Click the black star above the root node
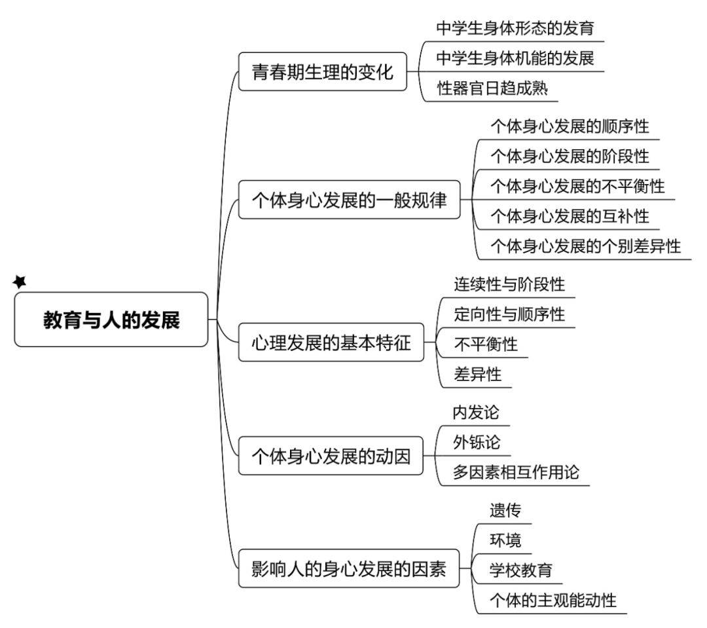(x=20, y=282)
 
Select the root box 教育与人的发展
(x=111, y=320)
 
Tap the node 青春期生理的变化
(x=322, y=71)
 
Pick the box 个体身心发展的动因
(x=331, y=456)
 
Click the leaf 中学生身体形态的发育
(x=515, y=28)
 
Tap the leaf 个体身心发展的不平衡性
(x=577, y=186)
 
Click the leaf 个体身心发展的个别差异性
(x=585, y=246)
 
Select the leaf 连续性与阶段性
(x=509, y=284)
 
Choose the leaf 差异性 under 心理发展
(x=477, y=374)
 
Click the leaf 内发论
(x=476, y=413)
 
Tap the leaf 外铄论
(x=476, y=442)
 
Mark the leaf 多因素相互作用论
(x=516, y=472)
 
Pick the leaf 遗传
(x=505, y=510)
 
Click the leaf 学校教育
(x=520, y=570)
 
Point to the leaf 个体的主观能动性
(x=553, y=600)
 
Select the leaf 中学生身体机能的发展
(x=515, y=58)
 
